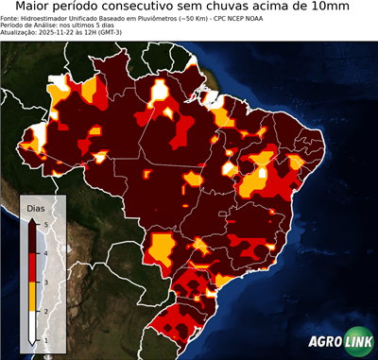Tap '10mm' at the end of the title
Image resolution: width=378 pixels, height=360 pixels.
(x=346, y=7)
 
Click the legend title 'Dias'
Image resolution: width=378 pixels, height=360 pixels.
(x=36, y=207)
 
